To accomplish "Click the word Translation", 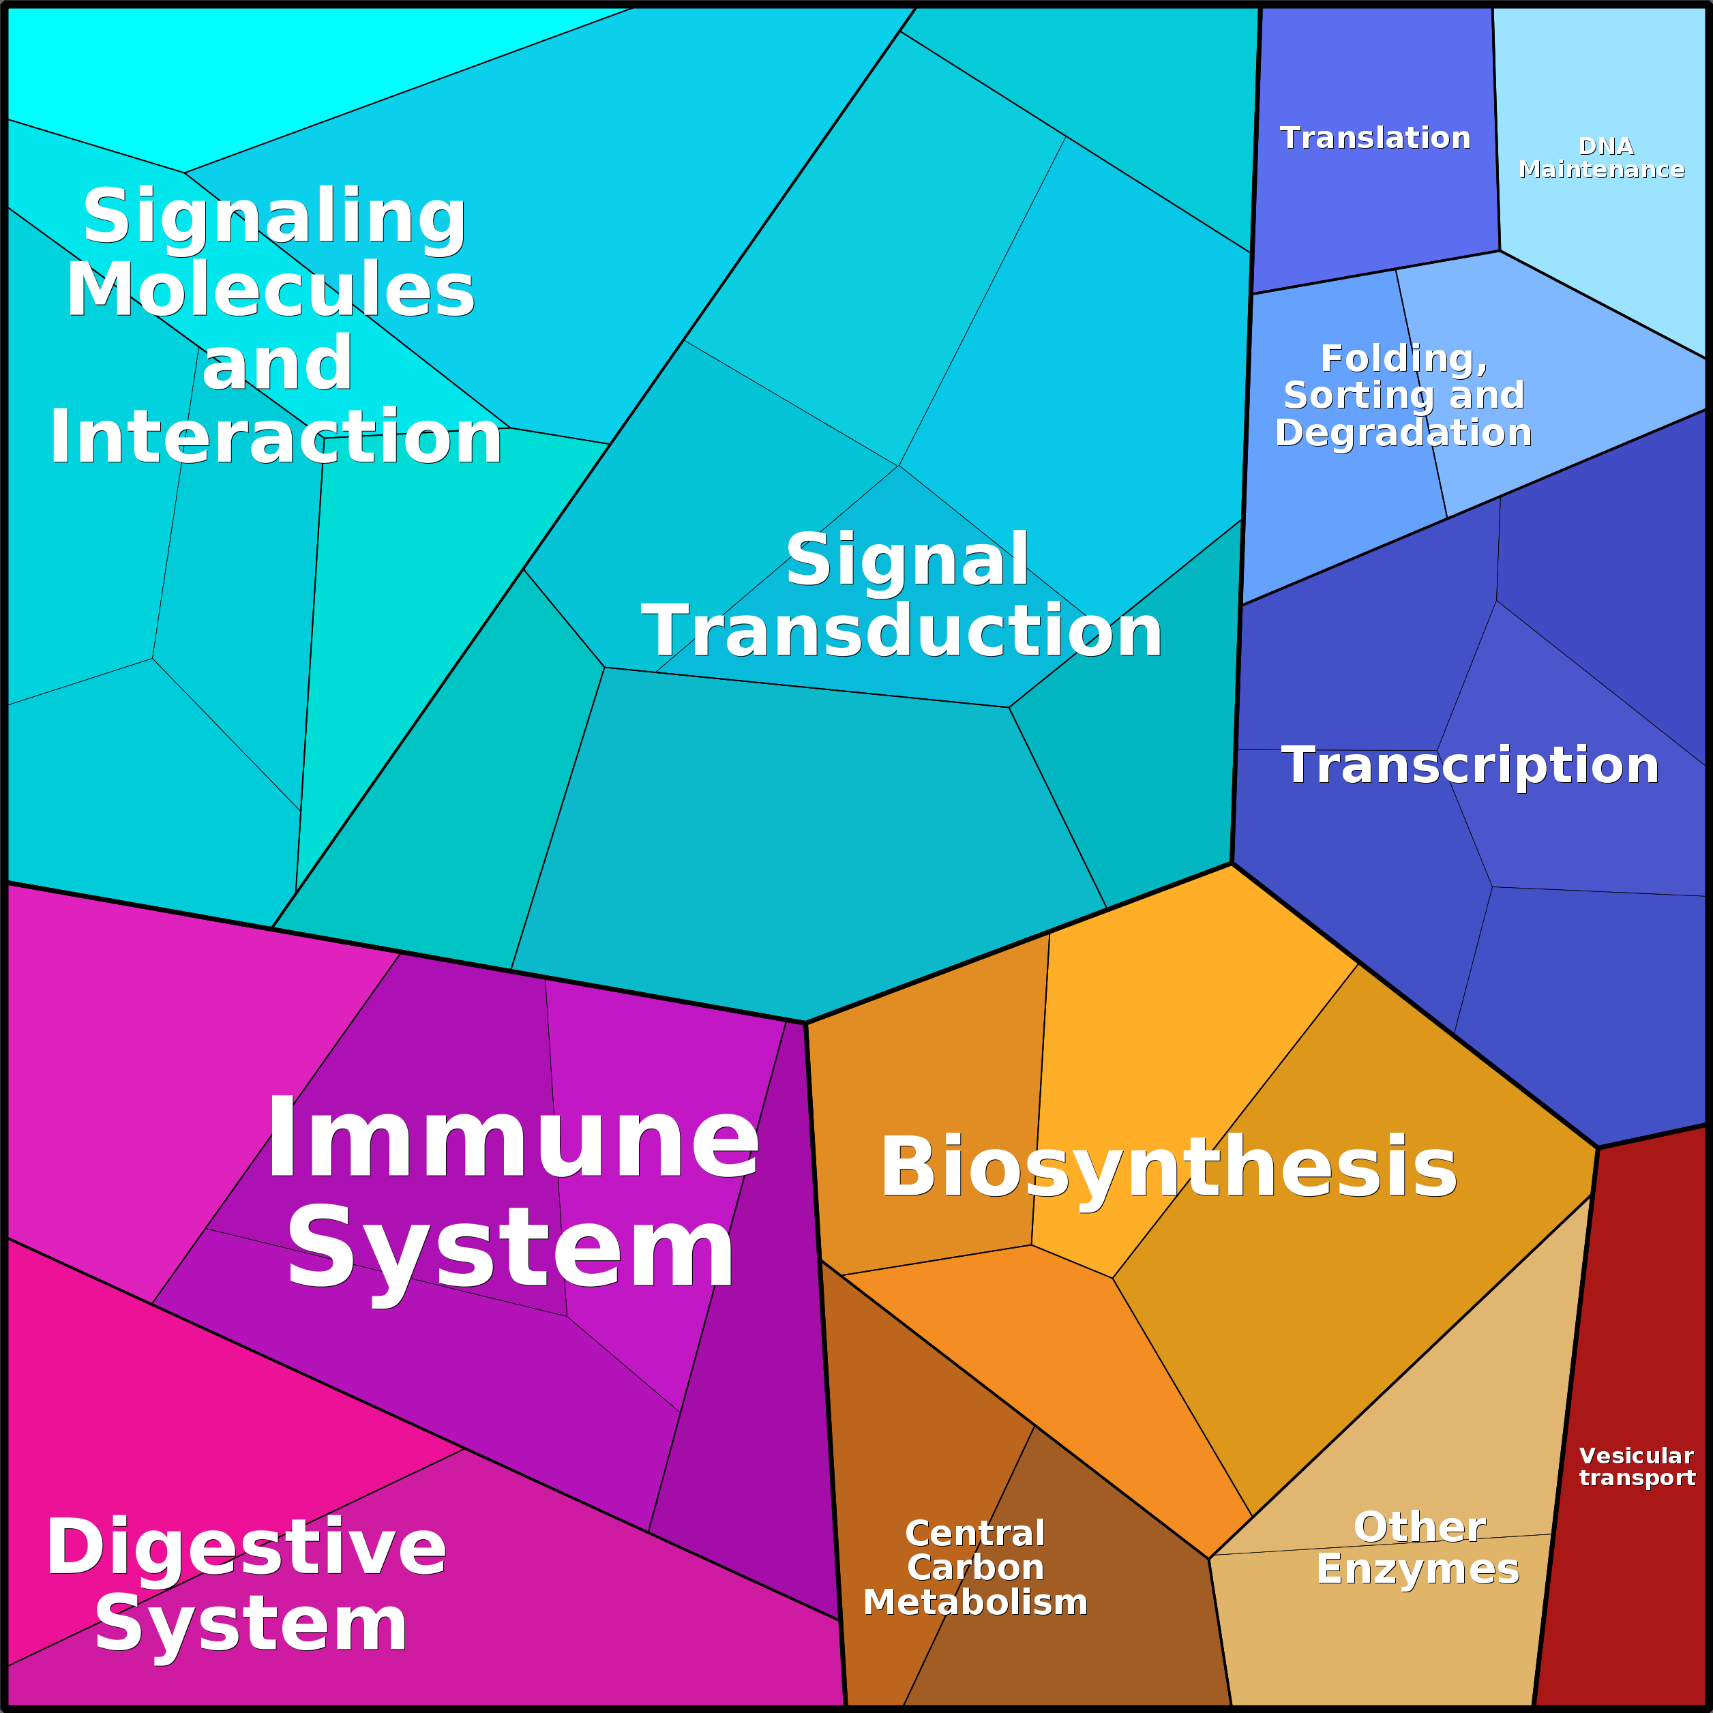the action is coord(1375,138).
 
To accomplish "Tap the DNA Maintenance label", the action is coord(1601,158).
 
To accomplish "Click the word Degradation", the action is coord(1403,433).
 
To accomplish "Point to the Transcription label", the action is coord(1470,764).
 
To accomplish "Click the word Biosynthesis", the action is coord(1169,1167).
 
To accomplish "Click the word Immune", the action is coord(513,1138).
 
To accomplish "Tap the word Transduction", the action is coord(902,631).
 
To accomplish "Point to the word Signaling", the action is coord(274,218).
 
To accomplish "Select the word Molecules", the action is coord(271,289).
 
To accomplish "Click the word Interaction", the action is coord(275,436).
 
